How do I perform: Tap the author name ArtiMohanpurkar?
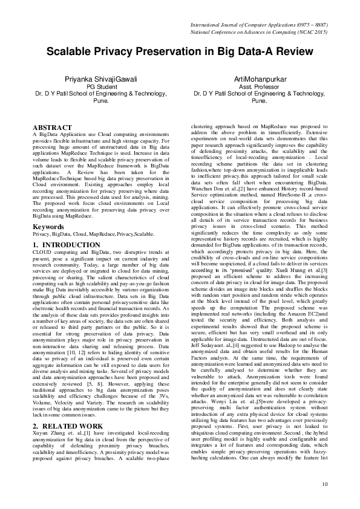click(x=258, y=79)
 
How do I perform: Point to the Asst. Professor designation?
click(x=258, y=87)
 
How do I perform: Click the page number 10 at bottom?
click(x=324, y=484)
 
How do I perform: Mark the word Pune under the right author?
click(x=258, y=102)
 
